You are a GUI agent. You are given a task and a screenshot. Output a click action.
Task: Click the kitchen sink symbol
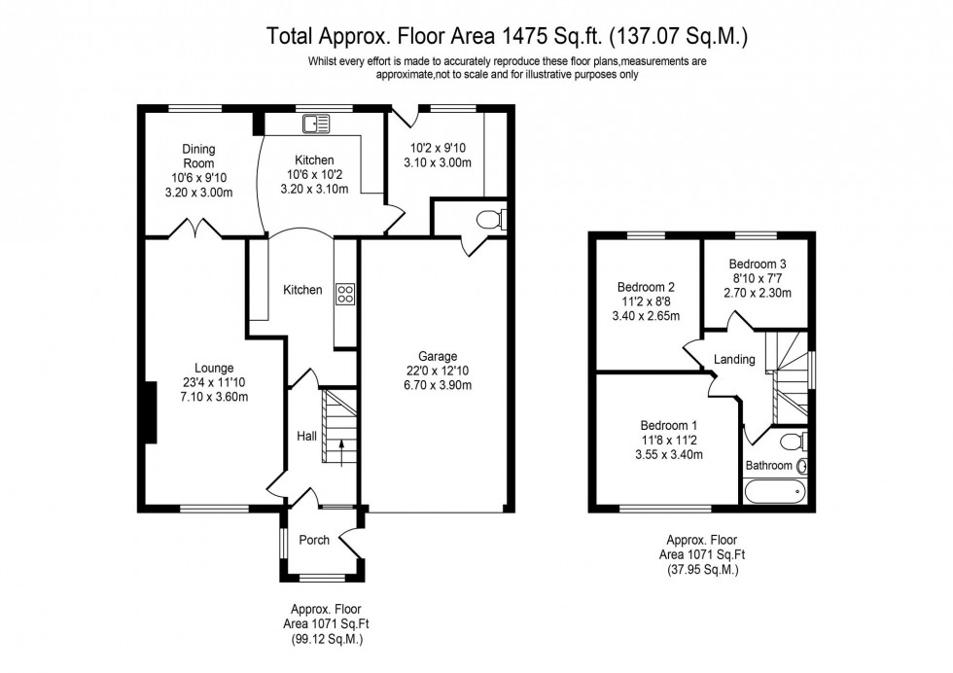tap(316, 123)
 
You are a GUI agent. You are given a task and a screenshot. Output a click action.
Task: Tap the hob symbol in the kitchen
tap(344, 294)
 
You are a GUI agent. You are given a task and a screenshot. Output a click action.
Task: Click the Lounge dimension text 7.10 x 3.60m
tap(213, 397)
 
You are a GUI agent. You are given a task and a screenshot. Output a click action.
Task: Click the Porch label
tap(313, 540)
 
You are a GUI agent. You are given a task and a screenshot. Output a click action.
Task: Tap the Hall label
tap(306, 437)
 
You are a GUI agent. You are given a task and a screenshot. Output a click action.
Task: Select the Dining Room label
tap(198, 157)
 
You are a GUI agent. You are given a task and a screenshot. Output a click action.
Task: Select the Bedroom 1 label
tap(668, 425)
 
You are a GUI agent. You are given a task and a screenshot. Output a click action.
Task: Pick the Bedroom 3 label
tap(758, 264)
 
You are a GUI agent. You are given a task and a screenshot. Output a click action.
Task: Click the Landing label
tap(734, 360)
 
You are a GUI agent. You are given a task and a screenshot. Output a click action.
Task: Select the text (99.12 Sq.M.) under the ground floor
tap(322, 639)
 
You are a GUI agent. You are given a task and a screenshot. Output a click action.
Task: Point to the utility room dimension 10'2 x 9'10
tap(438, 149)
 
